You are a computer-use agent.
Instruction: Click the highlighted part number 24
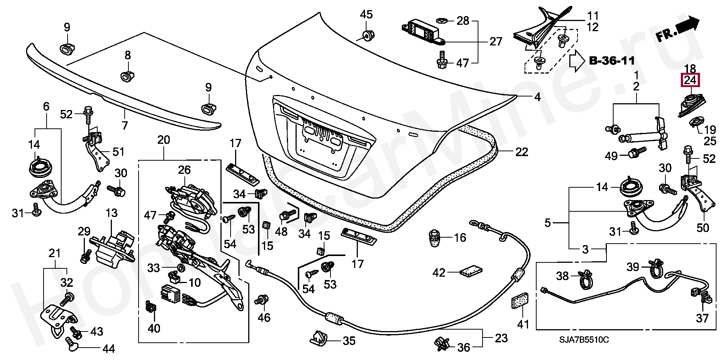pyautogui.click(x=690, y=80)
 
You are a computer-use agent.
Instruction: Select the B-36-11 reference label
pyautogui.click(x=612, y=60)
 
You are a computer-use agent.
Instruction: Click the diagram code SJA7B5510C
pyautogui.click(x=584, y=340)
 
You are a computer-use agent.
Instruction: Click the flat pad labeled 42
pyautogui.click(x=471, y=271)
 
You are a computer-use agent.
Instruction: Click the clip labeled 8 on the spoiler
pyautogui.click(x=127, y=75)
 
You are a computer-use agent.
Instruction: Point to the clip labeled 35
pyautogui.click(x=319, y=338)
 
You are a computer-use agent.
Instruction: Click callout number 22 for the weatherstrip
pyautogui.click(x=522, y=152)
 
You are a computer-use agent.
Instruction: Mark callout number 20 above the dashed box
pyautogui.click(x=164, y=140)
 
